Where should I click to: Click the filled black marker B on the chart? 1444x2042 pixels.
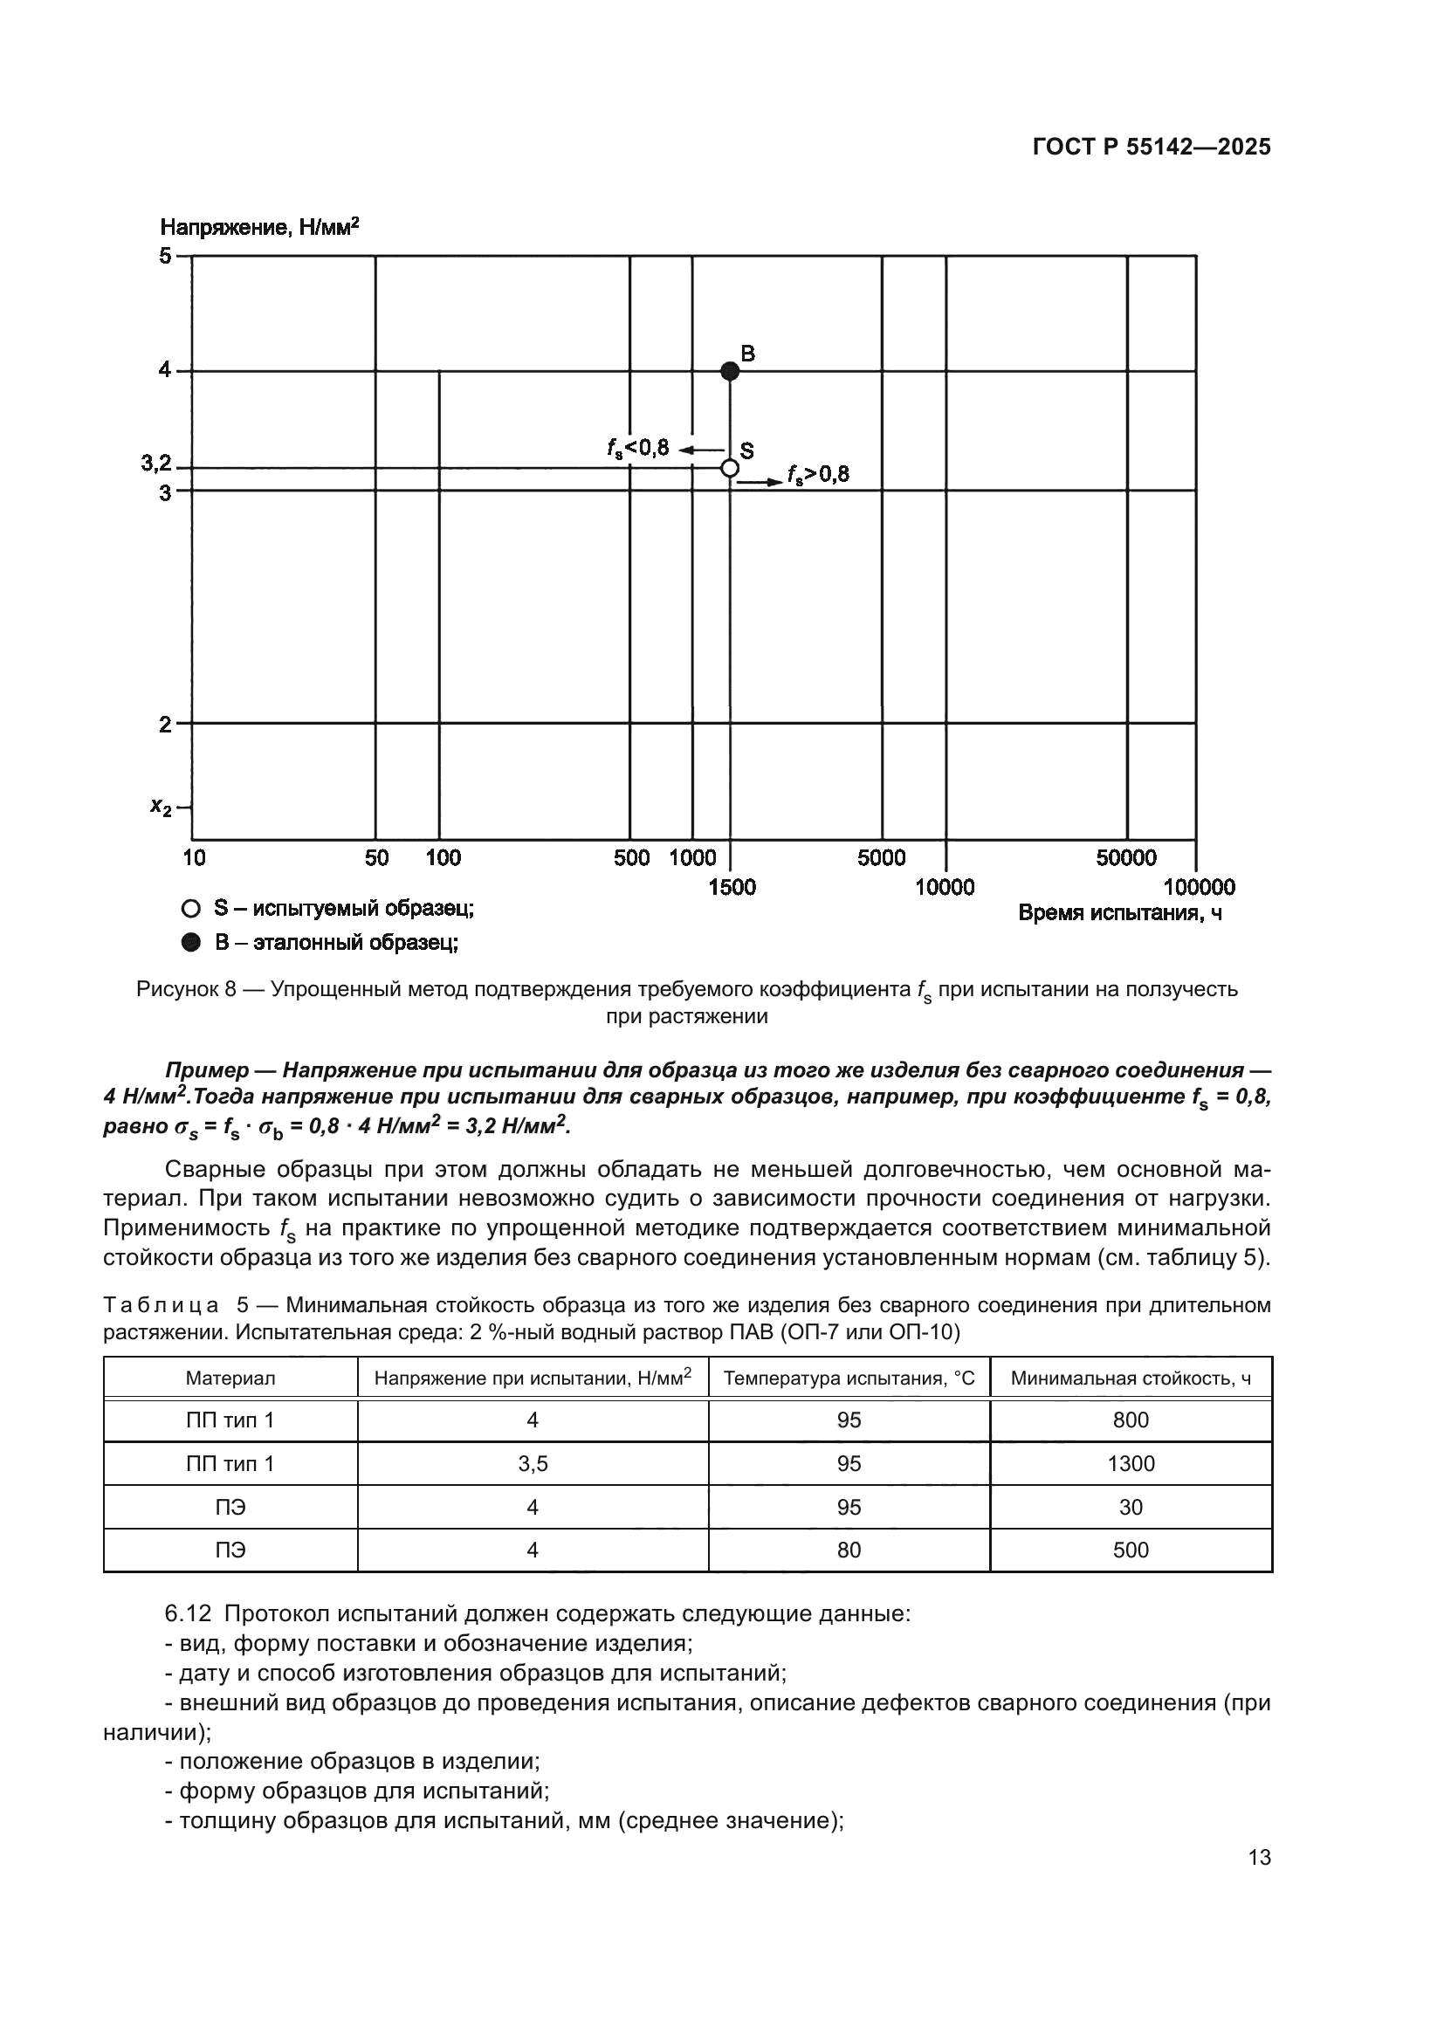pyautogui.click(x=729, y=371)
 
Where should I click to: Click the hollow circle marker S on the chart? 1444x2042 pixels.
pyautogui.click(x=729, y=468)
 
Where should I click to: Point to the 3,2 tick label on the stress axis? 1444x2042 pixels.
pyautogui.click(x=155, y=463)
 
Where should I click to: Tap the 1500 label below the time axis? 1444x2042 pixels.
pyautogui.click(x=732, y=887)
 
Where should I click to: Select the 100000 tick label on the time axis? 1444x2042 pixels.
pyautogui.click(x=1199, y=887)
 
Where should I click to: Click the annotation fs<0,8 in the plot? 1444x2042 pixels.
pyautogui.click(x=637, y=448)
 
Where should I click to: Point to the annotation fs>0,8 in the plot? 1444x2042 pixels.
pyautogui.click(x=818, y=475)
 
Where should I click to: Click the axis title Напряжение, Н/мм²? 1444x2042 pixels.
pyautogui.click(x=259, y=227)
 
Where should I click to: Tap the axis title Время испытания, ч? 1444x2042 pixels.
pyautogui.click(x=1119, y=913)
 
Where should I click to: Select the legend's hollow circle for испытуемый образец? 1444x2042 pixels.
pyautogui.click(x=190, y=909)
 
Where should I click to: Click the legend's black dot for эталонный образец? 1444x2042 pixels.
pyautogui.click(x=190, y=943)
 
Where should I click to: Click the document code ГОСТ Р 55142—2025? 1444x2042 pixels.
pyautogui.click(x=1152, y=148)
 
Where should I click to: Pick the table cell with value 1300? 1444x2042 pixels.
pyautogui.click(x=1130, y=1464)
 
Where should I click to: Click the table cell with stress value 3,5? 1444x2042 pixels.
pyautogui.click(x=533, y=1464)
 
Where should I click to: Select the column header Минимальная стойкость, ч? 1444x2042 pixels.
pyautogui.click(x=1130, y=1379)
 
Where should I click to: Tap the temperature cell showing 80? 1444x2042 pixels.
pyautogui.click(x=849, y=1550)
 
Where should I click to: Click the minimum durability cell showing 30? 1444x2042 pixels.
pyautogui.click(x=1130, y=1508)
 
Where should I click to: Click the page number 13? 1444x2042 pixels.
pyautogui.click(x=1259, y=1858)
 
